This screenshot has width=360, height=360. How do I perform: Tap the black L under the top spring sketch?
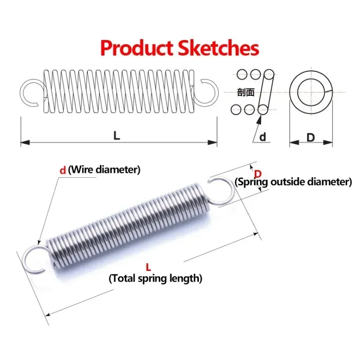117,135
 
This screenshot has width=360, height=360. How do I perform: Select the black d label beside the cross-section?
263,137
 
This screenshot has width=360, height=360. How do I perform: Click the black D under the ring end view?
310,137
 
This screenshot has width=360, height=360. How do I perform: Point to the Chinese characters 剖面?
246,93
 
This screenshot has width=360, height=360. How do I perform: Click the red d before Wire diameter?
63,170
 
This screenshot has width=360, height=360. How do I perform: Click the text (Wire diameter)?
105,170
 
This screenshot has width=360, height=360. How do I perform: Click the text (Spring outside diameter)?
293,182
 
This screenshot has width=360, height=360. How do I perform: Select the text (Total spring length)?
155,279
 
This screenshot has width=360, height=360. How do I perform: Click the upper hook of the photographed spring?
222,191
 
